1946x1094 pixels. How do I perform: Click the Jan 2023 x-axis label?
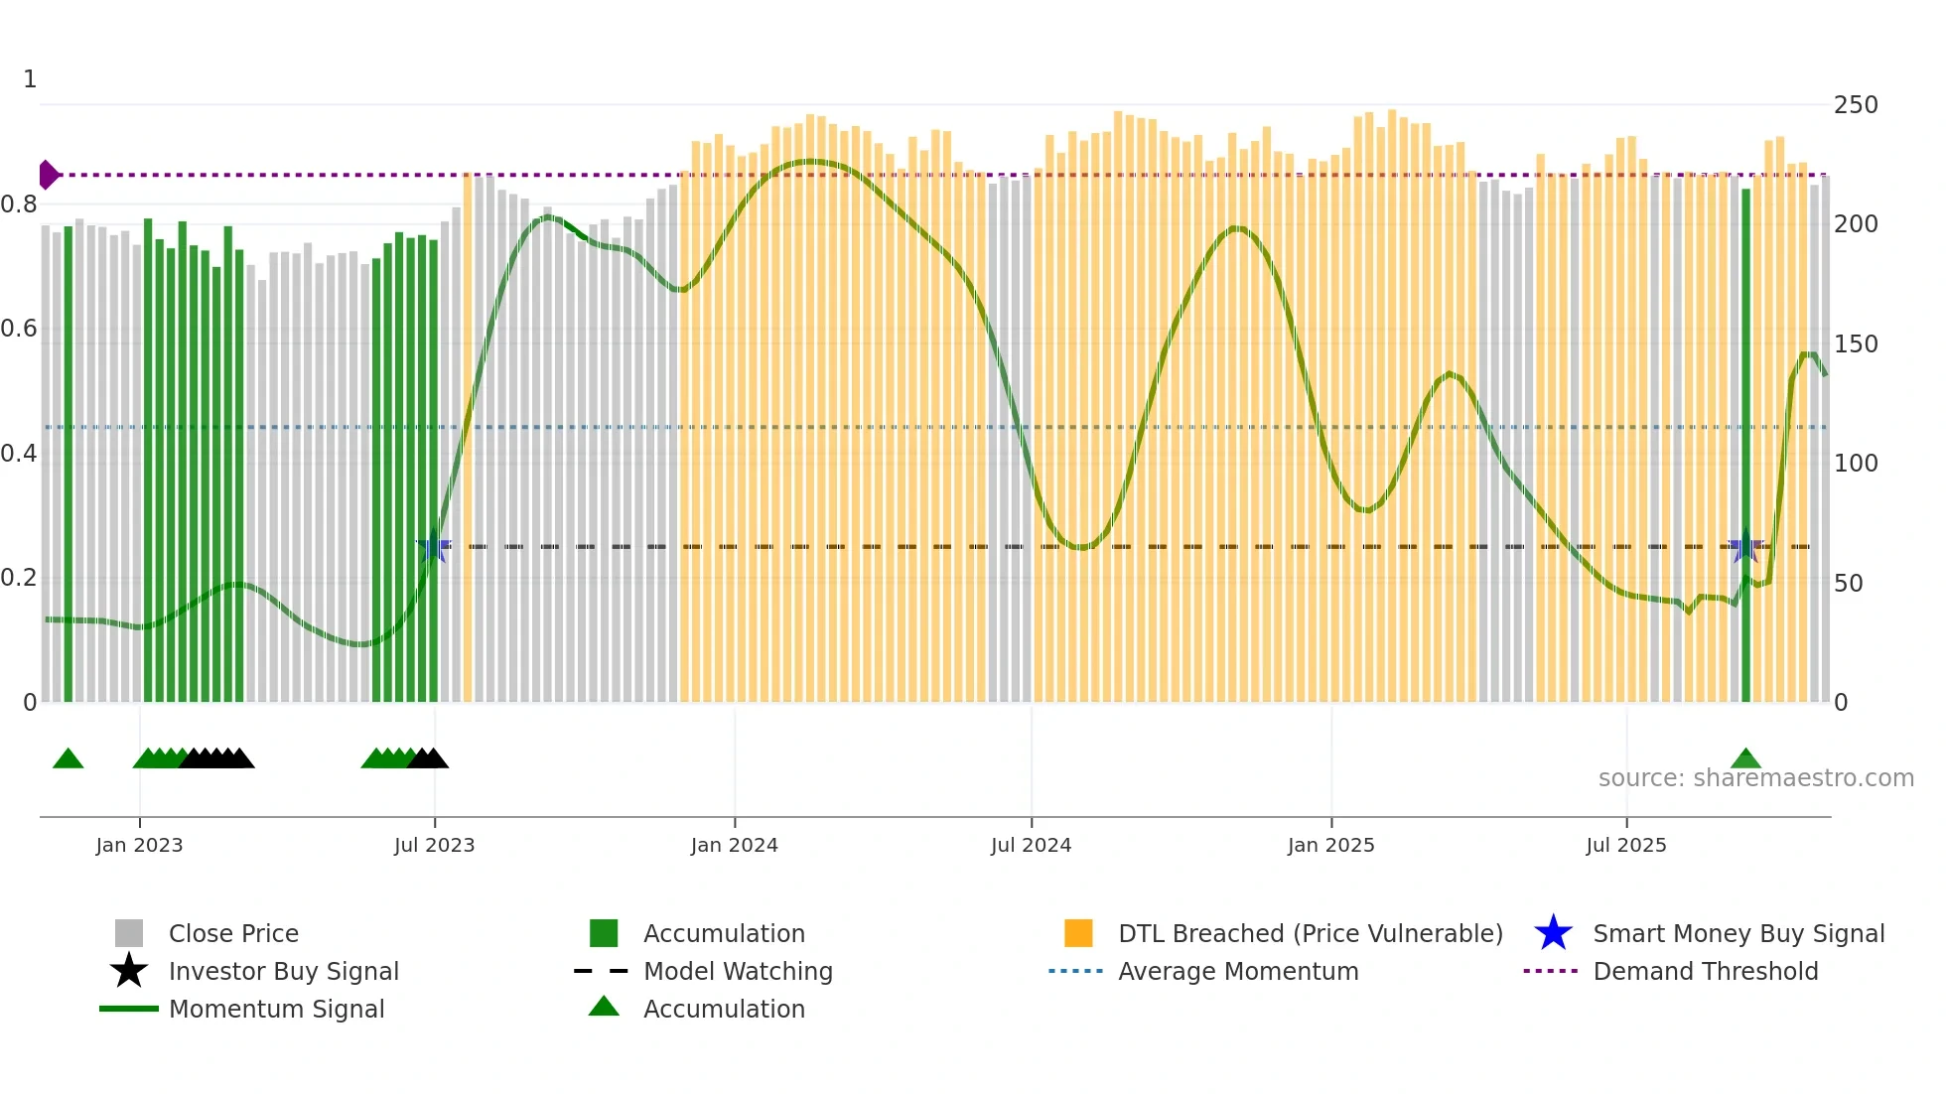139,845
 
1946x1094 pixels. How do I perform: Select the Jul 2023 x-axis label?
434,845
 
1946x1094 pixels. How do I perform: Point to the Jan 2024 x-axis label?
734,845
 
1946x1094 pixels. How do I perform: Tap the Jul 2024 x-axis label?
1031,845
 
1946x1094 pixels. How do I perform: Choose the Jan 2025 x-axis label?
1330,845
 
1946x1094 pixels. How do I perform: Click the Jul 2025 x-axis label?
1625,845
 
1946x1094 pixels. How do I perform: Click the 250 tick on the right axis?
1856,105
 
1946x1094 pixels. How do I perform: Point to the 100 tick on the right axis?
1856,464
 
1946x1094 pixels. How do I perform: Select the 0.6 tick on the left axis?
19,329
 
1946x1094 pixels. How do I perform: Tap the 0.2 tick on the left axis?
19,578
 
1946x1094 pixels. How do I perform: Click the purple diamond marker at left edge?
48,175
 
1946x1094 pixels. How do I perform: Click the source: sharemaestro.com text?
1755,778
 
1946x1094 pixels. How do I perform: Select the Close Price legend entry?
232,933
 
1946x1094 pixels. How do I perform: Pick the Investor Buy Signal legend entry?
283,971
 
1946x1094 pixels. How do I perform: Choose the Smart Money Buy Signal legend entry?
1737,933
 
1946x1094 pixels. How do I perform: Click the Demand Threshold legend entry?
1705,971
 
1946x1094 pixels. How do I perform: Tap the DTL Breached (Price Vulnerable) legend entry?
1310,933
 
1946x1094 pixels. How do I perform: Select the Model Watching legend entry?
737,971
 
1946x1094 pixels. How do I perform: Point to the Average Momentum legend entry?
1237,971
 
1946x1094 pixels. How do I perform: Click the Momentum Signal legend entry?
276,1009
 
